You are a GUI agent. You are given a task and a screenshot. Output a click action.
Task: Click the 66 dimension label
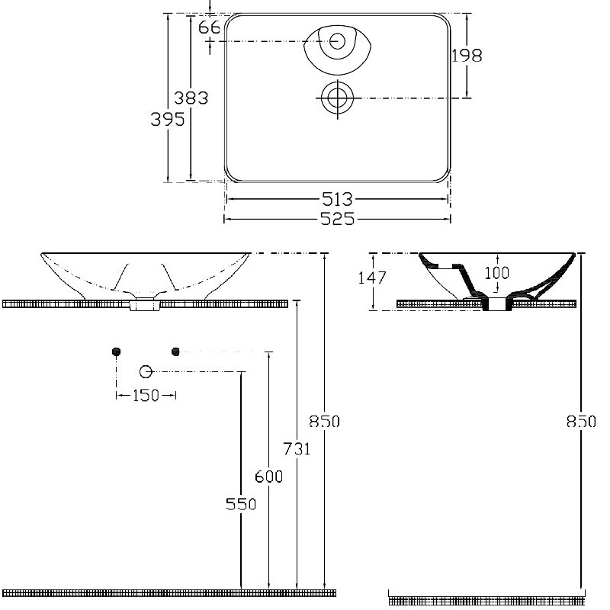click(x=209, y=27)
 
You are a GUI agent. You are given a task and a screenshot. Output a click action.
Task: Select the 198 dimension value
click(x=467, y=56)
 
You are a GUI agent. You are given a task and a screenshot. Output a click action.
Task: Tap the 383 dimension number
click(x=191, y=98)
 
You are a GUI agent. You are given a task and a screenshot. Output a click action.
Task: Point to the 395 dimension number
click(x=168, y=119)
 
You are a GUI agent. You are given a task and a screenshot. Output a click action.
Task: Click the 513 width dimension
click(x=337, y=199)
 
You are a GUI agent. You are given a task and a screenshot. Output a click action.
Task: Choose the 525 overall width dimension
click(x=337, y=219)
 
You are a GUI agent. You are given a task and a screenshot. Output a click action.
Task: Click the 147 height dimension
click(x=372, y=278)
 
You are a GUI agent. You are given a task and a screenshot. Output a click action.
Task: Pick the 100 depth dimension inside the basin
click(x=497, y=273)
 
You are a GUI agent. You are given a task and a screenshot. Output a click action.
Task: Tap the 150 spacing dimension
click(x=146, y=396)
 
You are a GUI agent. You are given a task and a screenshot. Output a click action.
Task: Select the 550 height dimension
click(x=241, y=504)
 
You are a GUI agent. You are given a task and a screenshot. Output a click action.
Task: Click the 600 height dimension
click(x=269, y=476)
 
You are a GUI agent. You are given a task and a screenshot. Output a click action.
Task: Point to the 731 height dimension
click(x=297, y=449)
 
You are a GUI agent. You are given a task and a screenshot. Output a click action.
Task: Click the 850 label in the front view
click(x=325, y=422)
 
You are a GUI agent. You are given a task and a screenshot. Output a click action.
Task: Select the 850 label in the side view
click(x=581, y=422)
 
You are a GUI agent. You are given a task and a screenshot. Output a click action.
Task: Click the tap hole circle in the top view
click(x=337, y=41)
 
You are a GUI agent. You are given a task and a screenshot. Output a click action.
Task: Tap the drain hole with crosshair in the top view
click(x=337, y=98)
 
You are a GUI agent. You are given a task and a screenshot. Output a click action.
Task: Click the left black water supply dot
click(x=116, y=352)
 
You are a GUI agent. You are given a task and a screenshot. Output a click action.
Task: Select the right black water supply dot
click(x=175, y=352)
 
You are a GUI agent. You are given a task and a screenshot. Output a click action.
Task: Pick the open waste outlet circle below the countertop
click(x=146, y=372)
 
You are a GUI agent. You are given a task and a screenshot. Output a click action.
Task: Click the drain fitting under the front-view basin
click(x=145, y=303)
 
